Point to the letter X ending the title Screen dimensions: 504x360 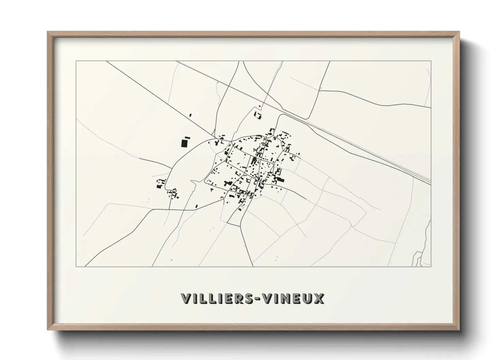pyautogui.click(x=319, y=298)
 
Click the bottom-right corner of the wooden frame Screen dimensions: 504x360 pyautogui.click(x=459, y=330)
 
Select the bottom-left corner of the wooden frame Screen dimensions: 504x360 pyautogui.click(x=48, y=330)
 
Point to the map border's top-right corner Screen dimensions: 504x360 pyautogui.click(x=431, y=61)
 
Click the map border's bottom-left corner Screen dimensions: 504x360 pyautogui.click(x=76, y=266)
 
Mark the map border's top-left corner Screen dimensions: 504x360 pyautogui.click(x=76, y=61)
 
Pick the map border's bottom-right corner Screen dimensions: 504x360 pyautogui.click(x=431, y=266)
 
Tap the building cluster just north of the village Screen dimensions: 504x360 pyautogui.click(x=258, y=115)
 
